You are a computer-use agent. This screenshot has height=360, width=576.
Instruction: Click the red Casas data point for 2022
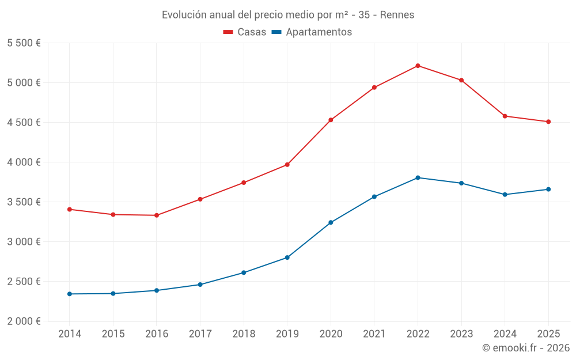pyautogui.click(x=418, y=66)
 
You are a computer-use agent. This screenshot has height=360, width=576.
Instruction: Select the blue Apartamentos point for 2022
pyautogui.click(x=418, y=177)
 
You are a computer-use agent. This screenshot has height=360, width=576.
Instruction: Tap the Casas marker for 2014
pyautogui.click(x=70, y=210)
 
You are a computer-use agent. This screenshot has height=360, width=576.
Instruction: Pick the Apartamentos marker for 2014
pyautogui.click(x=70, y=294)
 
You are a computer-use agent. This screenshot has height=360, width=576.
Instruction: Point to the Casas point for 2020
pyautogui.click(x=331, y=120)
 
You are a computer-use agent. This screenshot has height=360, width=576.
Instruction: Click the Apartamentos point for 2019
pyautogui.click(x=287, y=257)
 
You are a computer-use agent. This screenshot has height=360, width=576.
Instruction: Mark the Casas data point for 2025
pyautogui.click(x=548, y=122)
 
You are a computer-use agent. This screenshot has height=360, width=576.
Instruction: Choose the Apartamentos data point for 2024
pyautogui.click(x=505, y=195)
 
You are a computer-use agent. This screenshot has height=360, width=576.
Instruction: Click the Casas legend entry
pyautogui.click(x=245, y=32)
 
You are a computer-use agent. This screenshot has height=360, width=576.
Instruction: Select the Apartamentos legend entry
pyautogui.click(x=312, y=32)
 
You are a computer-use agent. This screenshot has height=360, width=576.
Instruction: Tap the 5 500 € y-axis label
pyautogui.click(x=24, y=43)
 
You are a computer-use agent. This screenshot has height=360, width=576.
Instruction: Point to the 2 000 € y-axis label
pyautogui.click(x=24, y=321)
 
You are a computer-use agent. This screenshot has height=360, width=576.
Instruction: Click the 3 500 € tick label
pyautogui.click(x=24, y=202)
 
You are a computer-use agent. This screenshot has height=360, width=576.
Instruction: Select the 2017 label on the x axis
pyautogui.click(x=200, y=334)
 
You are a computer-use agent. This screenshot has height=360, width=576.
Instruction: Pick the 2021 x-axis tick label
pyautogui.click(x=374, y=334)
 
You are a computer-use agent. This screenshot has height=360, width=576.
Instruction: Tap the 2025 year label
pyautogui.click(x=548, y=334)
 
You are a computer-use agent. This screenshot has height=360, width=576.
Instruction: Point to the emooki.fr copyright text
pyautogui.click(x=526, y=348)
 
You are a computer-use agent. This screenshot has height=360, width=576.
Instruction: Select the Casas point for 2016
pyautogui.click(x=157, y=215)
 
